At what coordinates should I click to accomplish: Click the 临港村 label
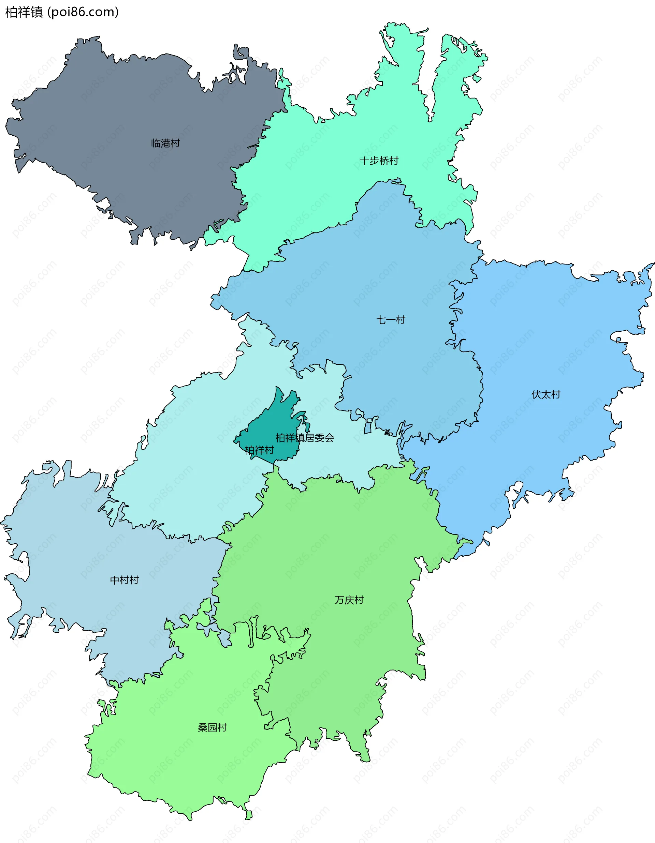click(165, 143)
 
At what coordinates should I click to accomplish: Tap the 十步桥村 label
click(379, 161)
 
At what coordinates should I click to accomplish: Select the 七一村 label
click(391, 320)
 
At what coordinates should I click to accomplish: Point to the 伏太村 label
click(546, 394)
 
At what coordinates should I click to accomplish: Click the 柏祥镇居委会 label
click(305, 438)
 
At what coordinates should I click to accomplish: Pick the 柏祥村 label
click(260, 450)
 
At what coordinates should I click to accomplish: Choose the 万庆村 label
click(349, 600)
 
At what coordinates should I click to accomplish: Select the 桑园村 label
click(212, 727)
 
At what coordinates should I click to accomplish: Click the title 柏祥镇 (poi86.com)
click(62, 12)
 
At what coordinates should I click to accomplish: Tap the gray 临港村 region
click(116, 127)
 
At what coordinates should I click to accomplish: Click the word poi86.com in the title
click(83, 12)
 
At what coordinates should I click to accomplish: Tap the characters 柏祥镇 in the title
click(24, 12)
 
